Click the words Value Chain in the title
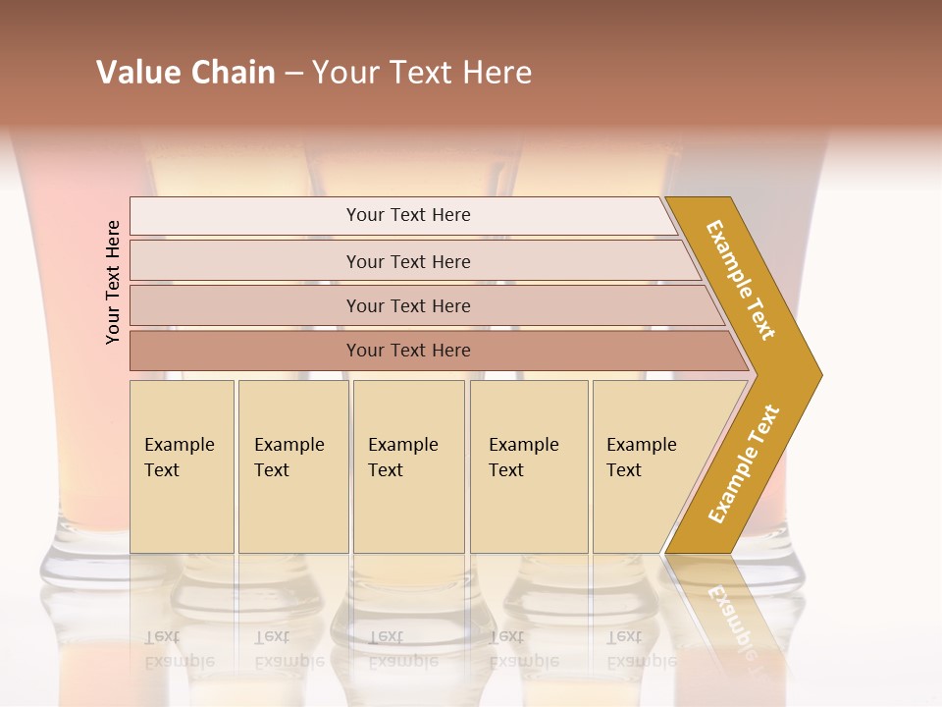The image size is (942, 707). pyautogui.click(x=185, y=73)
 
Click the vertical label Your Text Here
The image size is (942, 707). pyautogui.click(x=114, y=282)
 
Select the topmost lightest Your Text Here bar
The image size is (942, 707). pyautogui.click(x=407, y=215)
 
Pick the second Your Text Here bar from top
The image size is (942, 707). pyautogui.click(x=407, y=261)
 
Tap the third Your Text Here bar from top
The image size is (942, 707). pyautogui.click(x=407, y=305)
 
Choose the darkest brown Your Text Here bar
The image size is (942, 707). pyautogui.click(x=407, y=351)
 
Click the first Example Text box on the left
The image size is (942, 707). pyautogui.click(x=182, y=466)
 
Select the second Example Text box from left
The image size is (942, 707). pyautogui.click(x=293, y=466)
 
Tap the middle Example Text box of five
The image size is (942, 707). pyautogui.click(x=408, y=466)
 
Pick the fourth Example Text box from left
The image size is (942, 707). pyautogui.click(x=529, y=466)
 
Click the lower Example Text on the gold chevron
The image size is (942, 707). pyautogui.click(x=744, y=464)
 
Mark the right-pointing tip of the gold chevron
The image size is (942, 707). pyautogui.click(x=819, y=374)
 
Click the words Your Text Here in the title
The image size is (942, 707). pyautogui.click(x=422, y=73)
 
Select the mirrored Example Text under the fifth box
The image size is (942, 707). pyautogui.click(x=641, y=649)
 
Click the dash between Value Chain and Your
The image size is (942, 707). pyautogui.click(x=293, y=74)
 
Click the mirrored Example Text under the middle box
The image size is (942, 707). pyautogui.click(x=402, y=649)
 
